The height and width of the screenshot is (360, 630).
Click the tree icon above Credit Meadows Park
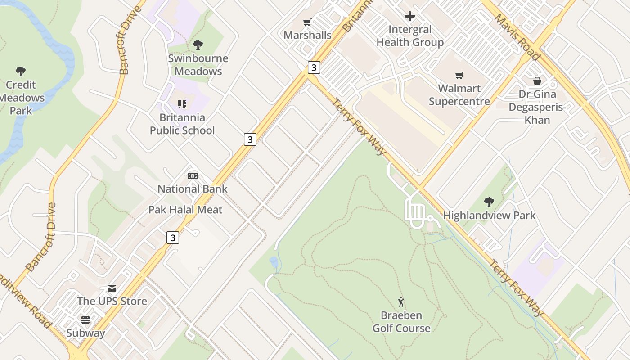click(21, 71)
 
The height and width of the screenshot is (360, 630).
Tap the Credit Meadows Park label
click(22, 98)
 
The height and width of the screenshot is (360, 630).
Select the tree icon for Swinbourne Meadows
click(198, 45)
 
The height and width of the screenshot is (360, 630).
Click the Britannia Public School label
click(182, 124)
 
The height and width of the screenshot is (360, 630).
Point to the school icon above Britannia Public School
click(182, 104)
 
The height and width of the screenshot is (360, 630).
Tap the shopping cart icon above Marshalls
click(307, 22)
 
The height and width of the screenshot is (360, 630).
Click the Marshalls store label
click(307, 35)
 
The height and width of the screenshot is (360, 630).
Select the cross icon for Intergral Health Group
click(410, 17)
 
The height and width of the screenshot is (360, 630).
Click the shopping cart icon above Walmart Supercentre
click(459, 75)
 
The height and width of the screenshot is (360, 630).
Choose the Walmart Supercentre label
click(459, 94)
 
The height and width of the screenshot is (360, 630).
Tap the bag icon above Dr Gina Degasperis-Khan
click(537, 81)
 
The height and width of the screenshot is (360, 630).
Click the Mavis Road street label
click(517, 37)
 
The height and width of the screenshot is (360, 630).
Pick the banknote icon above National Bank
click(193, 176)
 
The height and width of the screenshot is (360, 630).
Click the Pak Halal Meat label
click(185, 210)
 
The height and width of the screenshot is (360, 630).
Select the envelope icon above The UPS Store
click(112, 288)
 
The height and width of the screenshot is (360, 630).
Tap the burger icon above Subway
click(85, 320)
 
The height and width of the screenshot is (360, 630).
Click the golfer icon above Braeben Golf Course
click(401, 302)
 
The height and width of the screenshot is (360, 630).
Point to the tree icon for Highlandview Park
click(489, 202)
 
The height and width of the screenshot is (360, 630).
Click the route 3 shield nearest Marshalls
click(314, 67)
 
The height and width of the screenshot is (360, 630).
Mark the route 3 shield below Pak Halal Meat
click(173, 237)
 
